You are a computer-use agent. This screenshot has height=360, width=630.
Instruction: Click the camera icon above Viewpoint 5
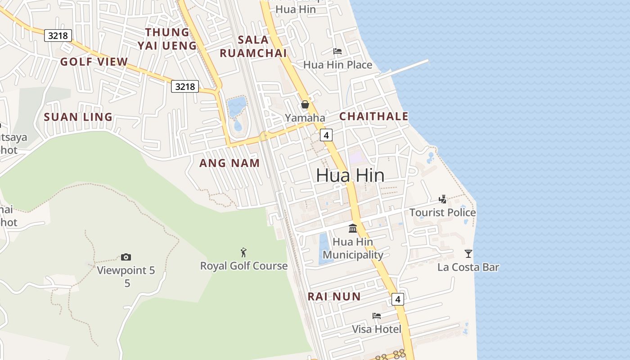coord(126,257)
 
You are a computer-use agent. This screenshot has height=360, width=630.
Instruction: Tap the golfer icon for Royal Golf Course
coord(243,252)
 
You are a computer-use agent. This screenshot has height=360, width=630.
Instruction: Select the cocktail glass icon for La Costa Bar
coord(468,254)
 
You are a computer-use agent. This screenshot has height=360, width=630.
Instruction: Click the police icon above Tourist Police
coord(443,199)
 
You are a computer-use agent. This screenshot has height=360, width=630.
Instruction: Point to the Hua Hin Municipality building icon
coord(353,229)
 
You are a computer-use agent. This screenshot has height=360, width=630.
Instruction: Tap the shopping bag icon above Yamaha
coord(305,105)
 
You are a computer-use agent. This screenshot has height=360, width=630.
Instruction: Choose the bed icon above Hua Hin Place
coord(337,51)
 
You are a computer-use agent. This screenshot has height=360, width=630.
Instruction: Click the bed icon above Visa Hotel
coord(377,316)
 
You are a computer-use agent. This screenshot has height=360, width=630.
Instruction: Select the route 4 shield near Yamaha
coord(326,135)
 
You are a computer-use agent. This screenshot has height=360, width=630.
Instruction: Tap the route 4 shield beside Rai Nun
coord(397,299)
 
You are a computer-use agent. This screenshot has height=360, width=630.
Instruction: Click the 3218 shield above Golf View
coord(58,36)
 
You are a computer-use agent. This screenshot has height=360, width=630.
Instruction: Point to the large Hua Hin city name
coord(350,175)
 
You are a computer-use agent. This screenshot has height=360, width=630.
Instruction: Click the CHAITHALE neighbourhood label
coord(373,117)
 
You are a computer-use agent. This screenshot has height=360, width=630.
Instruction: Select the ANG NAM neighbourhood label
coord(229,163)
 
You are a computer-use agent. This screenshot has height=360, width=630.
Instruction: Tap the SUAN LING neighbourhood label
coord(78,117)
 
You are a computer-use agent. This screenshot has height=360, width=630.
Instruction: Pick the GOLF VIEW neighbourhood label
coord(94,62)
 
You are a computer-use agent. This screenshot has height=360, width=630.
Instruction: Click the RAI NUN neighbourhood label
coord(334,297)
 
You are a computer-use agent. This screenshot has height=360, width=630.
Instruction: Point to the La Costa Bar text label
coord(468,267)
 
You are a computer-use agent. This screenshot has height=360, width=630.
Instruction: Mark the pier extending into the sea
coord(405,67)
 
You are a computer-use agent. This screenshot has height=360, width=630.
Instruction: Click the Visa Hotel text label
coord(377,329)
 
